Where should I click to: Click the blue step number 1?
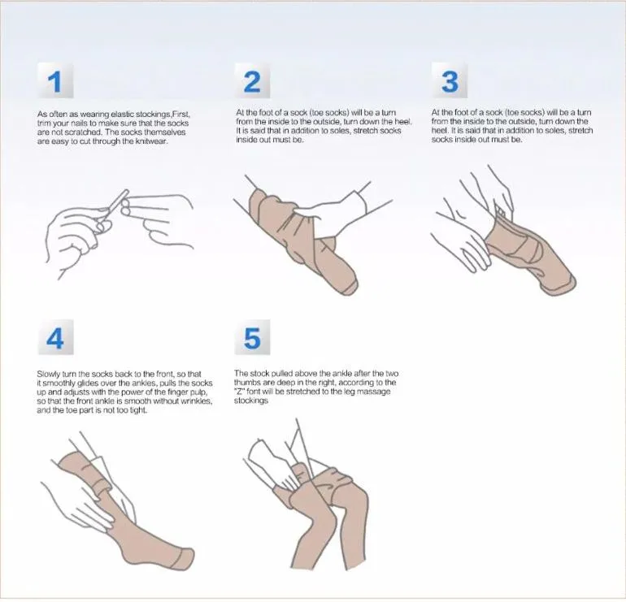[54, 82]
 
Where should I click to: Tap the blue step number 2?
[252, 82]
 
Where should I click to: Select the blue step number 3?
[450, 82]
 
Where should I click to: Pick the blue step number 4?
[55, 339]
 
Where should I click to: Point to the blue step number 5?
[252, 339]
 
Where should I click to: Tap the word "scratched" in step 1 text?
[78, 132]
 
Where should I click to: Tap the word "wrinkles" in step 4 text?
[197, 401]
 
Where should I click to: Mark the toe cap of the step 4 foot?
[185, 558]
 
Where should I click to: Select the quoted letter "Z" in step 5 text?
[240, 392]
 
